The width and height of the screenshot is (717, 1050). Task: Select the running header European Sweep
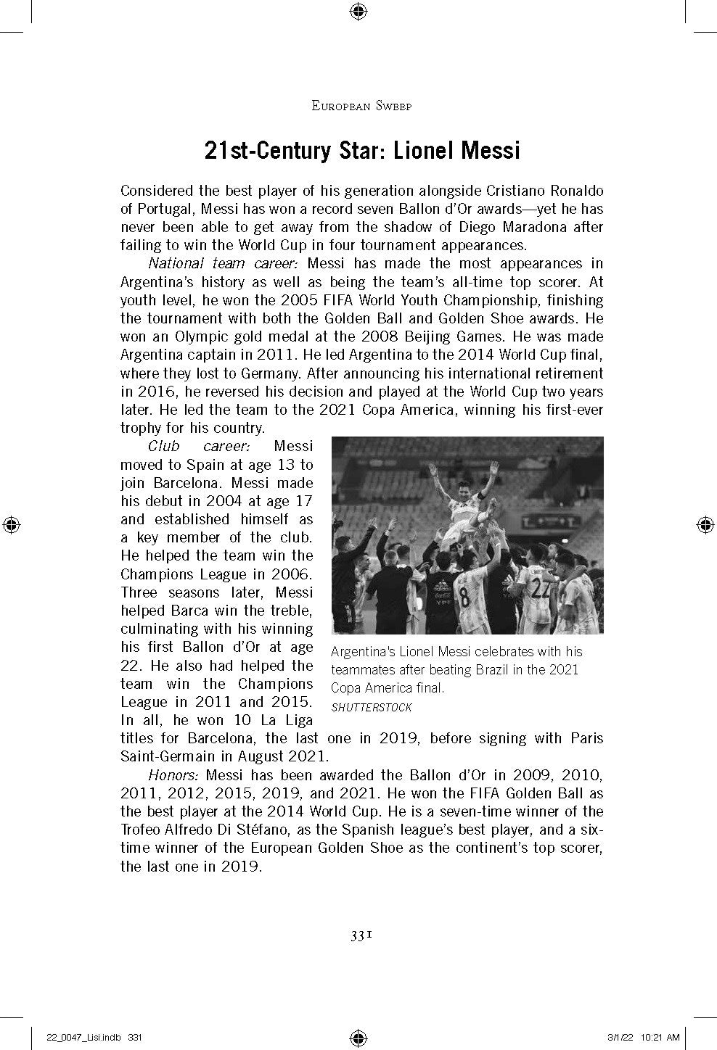[x=361, y=106]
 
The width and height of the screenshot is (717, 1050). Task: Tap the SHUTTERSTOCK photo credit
[x=372, y=707]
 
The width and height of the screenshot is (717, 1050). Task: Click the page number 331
[x=361, y=935]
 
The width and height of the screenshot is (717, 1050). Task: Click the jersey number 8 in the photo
[x=464, y=601]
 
